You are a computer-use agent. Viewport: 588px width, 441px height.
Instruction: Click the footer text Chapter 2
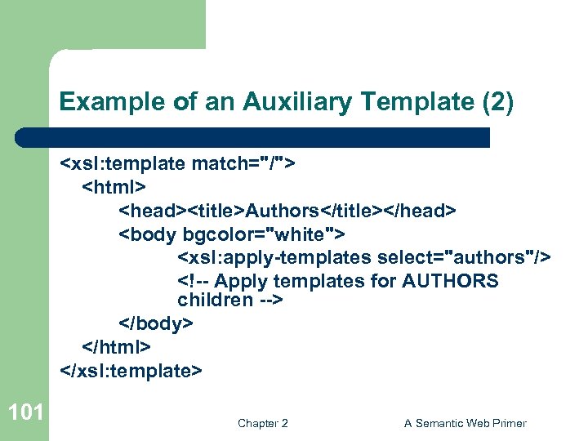tap(262, 423)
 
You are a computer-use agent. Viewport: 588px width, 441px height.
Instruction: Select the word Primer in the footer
tap(507, 423)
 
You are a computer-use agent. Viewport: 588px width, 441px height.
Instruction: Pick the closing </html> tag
tap(116, 346)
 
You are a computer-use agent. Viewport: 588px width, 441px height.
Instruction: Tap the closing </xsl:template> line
tap(131, 370)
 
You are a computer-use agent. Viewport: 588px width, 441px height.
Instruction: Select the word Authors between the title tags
tap(282, 211)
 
